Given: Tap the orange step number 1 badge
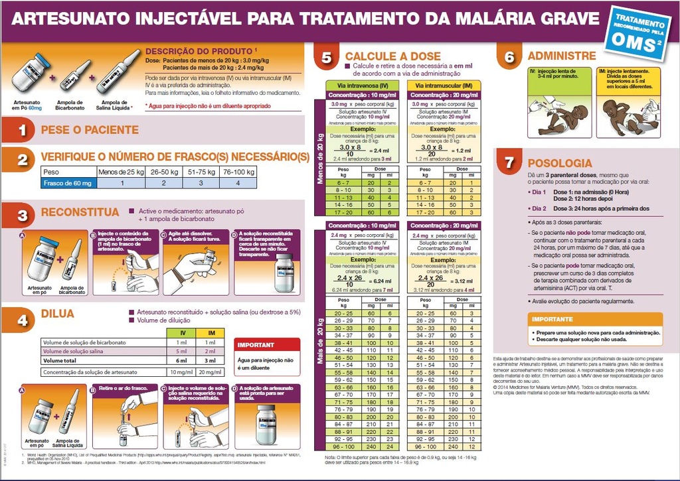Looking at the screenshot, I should tap(21, 130).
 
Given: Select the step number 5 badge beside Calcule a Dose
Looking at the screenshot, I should tap(326, 58).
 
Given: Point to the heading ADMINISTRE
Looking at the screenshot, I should tap(561, 56).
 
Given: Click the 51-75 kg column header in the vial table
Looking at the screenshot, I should tap(202, 172).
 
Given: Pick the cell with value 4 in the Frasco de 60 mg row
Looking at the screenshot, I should tap(238, 182).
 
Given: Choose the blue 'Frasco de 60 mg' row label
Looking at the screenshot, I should tap(67, 182).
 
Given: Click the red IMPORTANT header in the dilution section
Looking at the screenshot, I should tap(256, 345).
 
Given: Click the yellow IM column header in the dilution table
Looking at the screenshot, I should tap(211, 332).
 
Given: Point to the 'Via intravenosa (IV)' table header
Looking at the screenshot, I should tap(362, 86).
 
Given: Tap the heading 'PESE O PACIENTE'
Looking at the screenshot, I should tap(90, 130).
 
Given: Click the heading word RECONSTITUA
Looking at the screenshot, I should tap(79, 213).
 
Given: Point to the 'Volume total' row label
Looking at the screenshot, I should tap(63, 360).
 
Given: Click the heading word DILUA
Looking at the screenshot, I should tap(58, 314).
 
